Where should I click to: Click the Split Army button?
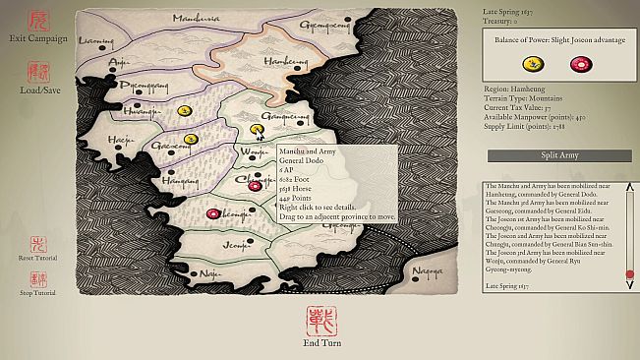point(557,155)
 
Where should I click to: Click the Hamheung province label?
point(285,61)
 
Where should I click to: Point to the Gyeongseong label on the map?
point(327,20)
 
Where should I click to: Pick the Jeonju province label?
point(236,243)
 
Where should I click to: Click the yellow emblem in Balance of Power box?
point(532,65)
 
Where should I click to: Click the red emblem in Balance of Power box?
point(582,65)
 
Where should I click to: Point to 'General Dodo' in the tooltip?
point(304,160)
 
